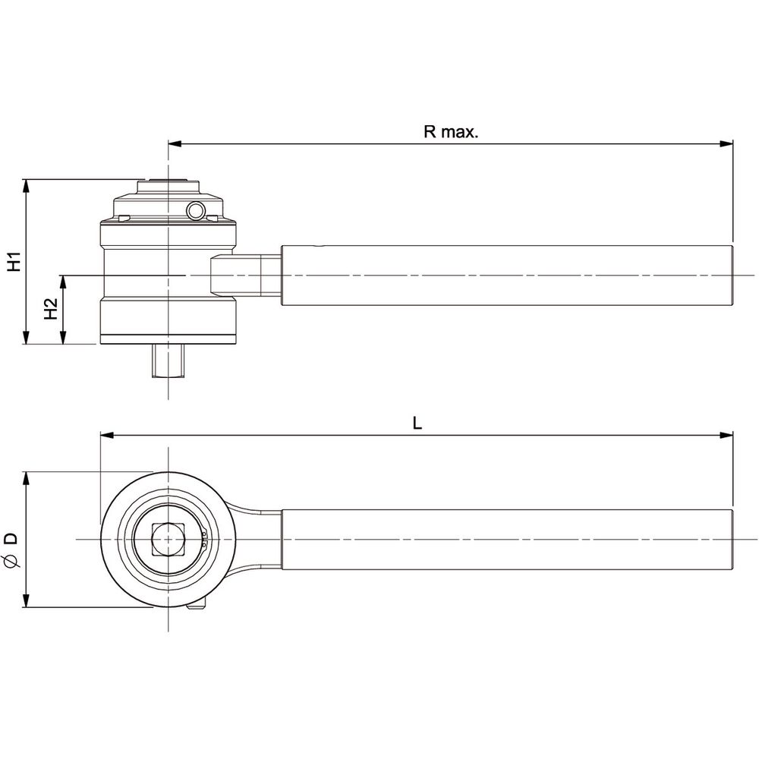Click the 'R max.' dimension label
[451, 131]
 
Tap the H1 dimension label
[15, 261]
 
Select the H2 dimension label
[51, 308]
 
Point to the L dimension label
[417, 424]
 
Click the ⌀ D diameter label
[11, 550]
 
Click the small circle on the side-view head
[197, 211]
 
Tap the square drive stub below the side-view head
[168, 361]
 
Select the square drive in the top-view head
[168, 539]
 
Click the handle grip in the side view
[507, 276]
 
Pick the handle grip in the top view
[507, 540]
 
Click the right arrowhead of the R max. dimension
[726, 143]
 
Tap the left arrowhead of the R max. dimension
[175, 143]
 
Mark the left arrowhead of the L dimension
[106, 435]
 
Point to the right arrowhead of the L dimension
[726, 435]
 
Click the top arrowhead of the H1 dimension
[27, 186]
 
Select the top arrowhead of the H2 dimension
[62, 282]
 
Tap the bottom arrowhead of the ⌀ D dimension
[27, 600]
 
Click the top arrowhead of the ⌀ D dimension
[27, 479]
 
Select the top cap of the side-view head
[168, 187]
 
